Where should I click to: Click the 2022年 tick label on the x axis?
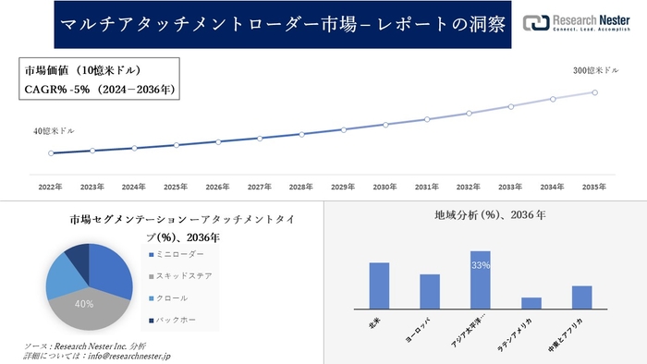click(50, 188)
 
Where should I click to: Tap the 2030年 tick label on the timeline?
click(385, 188)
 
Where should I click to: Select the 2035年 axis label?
click(594, 188)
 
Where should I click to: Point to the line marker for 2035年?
click(594, 92)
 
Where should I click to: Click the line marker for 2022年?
click(51, 153)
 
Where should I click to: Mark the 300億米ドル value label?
click(592, 70)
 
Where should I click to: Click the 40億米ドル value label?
click(54, 131)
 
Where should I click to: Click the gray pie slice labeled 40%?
click(84, 304)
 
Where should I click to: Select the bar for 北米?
click(379, 285)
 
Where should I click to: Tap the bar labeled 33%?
click(480, 280)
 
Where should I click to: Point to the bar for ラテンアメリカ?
click(531, 303)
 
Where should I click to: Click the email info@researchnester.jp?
click(126, 355)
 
